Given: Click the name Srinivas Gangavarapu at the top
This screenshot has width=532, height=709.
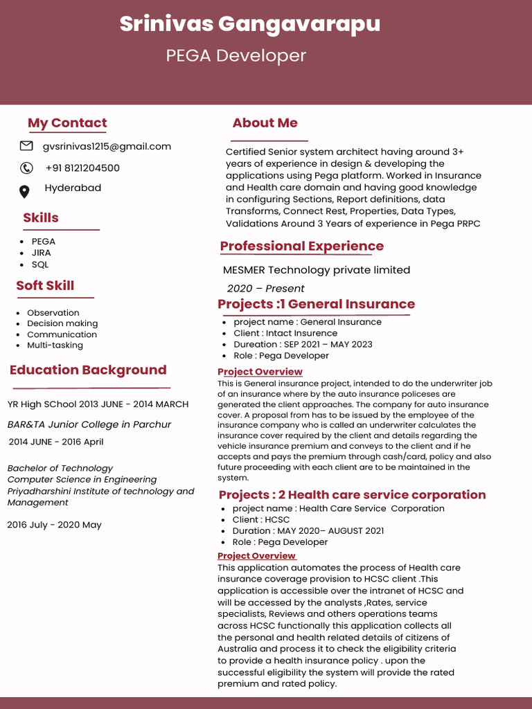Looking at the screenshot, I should (x=249, y=24).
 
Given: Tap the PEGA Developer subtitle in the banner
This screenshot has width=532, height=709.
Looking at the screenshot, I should (x=236, y=56).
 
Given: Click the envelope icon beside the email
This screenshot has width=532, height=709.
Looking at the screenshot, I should (x=26, y=146).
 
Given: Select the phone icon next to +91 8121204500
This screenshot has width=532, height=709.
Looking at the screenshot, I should (x=26, y=168).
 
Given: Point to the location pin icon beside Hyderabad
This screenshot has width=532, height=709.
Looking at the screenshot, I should (x=24, y=191).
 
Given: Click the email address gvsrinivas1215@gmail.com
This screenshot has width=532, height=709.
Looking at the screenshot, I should (x=107, y=146).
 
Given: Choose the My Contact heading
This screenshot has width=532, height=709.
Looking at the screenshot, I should (x=67, y=123).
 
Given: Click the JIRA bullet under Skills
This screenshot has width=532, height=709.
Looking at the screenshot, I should (x=42, y=253).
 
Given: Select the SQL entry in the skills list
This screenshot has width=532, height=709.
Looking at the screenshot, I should (x=40, y=264).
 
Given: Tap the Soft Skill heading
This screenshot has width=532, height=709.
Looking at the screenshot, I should (x=45, y=285).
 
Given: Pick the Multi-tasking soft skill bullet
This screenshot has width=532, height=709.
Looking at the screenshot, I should (x=55, y=345).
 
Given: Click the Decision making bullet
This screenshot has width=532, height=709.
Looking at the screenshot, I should (x=62, y=323).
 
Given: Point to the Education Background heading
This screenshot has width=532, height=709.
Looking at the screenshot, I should (x=88, y=370).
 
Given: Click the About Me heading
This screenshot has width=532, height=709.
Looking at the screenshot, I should (x=265, y=123).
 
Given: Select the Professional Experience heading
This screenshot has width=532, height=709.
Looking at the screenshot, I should (x=301, y=246).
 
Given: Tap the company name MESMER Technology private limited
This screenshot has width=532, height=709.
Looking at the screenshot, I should (x=317, y=270).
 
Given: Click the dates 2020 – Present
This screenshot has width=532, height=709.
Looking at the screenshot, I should (x=265, y=288).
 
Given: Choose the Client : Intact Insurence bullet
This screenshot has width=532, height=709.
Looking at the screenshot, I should (x=285, y=333).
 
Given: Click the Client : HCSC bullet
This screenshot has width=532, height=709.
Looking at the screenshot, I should (x=261, y=519).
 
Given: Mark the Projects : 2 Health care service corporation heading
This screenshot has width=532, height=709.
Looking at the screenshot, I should (x=352, y=494).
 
